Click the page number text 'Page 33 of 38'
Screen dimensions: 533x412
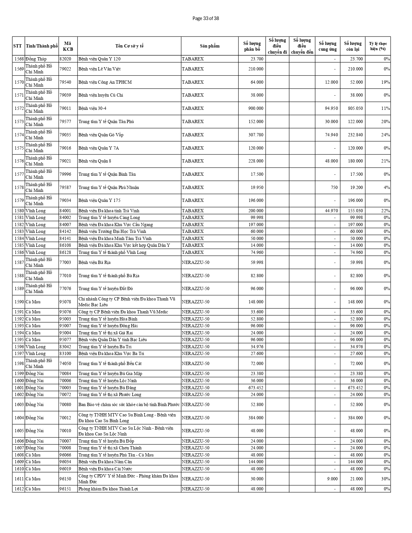[x=206, y=18]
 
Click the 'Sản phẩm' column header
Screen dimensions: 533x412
[x=209, y=46]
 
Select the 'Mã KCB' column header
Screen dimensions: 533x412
[x=68, y=46]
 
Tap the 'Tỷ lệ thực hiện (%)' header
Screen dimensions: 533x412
[x=378, y=46]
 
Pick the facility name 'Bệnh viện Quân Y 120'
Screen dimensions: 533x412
[x=99, y=59]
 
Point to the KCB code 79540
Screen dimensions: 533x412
[x=65, y=82]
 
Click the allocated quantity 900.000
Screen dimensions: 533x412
[x=256, y=108]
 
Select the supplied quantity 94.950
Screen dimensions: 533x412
[x=331, y=108]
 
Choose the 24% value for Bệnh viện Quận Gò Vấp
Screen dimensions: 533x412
[x=385, y=135]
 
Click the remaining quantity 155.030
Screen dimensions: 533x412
[x=355, y=211]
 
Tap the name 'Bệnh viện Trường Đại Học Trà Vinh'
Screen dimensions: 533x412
[x=112, y=231]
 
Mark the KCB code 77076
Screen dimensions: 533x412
[x=65, y=288]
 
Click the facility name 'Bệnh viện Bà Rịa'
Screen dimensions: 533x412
[x=94, y=262]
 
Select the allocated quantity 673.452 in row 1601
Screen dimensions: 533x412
[x=256, y=388]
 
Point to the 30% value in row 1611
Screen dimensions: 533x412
[x=385, y=479]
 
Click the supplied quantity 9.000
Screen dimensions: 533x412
[x=333, y=479]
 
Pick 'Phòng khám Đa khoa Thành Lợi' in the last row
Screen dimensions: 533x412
[x=108, y=489]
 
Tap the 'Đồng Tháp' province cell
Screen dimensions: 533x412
[x=36, y=59]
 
